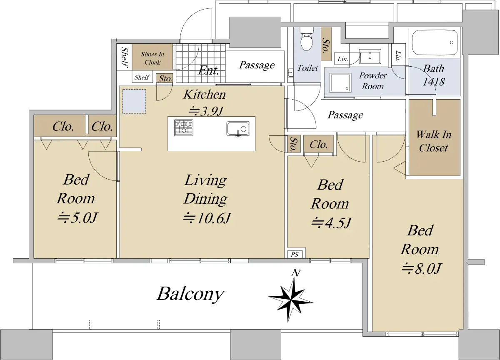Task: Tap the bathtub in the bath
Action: click(x=435, y=42)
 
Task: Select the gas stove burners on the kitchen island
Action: click(x=184, y=127)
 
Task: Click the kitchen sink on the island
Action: click(x=238, y=129)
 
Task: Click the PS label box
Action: click(x=295, y=255)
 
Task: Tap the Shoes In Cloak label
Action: click(x=152, y=58)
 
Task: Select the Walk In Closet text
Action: click(x=433, y=141)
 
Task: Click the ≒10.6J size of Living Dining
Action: click(x=207, y=218)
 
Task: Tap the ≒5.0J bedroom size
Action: click(x=77, y=217)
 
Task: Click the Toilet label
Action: click(x=307, y=68)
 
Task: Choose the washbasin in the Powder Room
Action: click(x=370, y=57)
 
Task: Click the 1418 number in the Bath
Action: click(x=433, y=82)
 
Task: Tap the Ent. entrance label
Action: click(x=208, y=70)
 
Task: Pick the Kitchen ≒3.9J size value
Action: click(x=206, y=111)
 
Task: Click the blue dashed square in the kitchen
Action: click(x=134, y=102)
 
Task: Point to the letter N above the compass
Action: click(x=296, y=273)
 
